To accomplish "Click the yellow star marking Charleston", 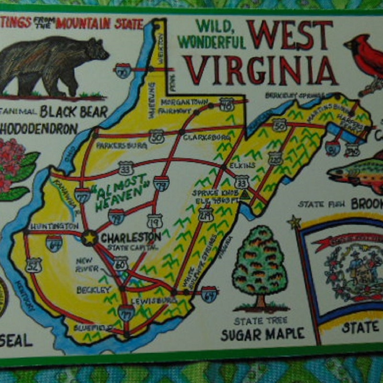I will [x=89, y=237].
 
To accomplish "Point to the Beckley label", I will [x=93, y=290].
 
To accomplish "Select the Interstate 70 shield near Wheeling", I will [x=124, y=70].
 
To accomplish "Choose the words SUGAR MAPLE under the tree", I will [x=262, y=334].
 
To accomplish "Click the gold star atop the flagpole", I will [x=293, y=221].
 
